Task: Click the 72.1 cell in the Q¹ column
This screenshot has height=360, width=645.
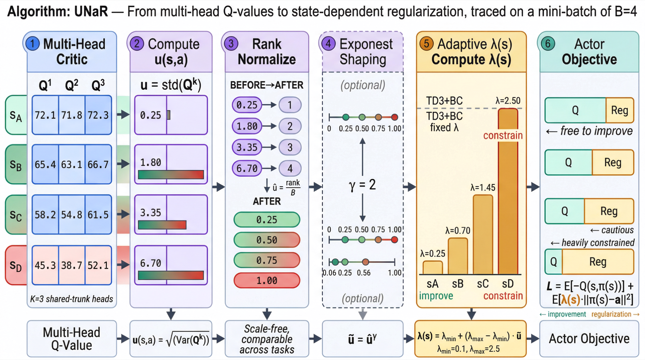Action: pyautogui.click(x=45, y=115)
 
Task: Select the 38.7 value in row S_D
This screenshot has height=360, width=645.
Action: pyautogui.click(x=72, y=265)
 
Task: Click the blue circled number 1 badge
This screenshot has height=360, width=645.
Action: pyautogui.click(x=33, y=44)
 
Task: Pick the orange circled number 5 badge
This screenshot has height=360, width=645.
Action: pyautogui.click(x=427, y=44)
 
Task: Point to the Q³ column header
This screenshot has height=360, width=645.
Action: pyautogui.click(x=98, y=85)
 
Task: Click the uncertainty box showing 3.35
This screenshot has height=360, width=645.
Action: pyautogui.click(x=171, y=214)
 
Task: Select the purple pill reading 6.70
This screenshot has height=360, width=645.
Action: pyautogui.click(x=247, y=168)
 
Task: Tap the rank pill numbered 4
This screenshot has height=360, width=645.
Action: pyautogui.click(x=290, y=168)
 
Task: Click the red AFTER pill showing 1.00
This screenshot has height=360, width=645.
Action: pyautogui.click(x=267, y=281)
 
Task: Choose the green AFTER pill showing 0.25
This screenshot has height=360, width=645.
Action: pyautogui.click(x=267, y=220)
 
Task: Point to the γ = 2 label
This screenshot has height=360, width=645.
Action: pyautogui.click(x=362, y=185)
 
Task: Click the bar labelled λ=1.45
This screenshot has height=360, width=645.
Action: pyautogui.click(x=483, y=235)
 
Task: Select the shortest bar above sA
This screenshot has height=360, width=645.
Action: pyautogui.click(x=432, y=267)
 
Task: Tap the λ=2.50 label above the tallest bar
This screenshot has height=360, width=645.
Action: pyautogui.click(x=508, y=101)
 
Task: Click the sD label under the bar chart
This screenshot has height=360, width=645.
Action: pyautogui.click(x=508, y=284)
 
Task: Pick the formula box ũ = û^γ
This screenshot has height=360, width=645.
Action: pyautogui.click(x=362, y=339)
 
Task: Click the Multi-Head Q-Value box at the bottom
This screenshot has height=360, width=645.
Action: pyautogui.click(x=72, y=339)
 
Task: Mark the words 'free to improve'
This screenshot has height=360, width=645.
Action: pyautogui.click(x=596, y=131)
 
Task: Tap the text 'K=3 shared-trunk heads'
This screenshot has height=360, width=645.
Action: pyautogui.click(x=72, y=299)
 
